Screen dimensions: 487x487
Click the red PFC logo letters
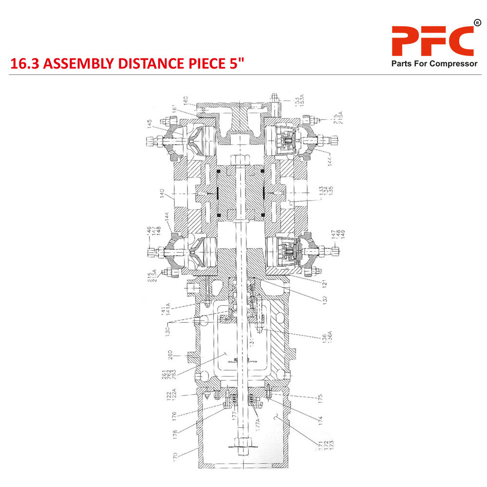tap(432, 41)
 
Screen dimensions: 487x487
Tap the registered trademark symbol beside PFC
tap(476, 22)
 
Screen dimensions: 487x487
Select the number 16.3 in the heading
tap(23, 64)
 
